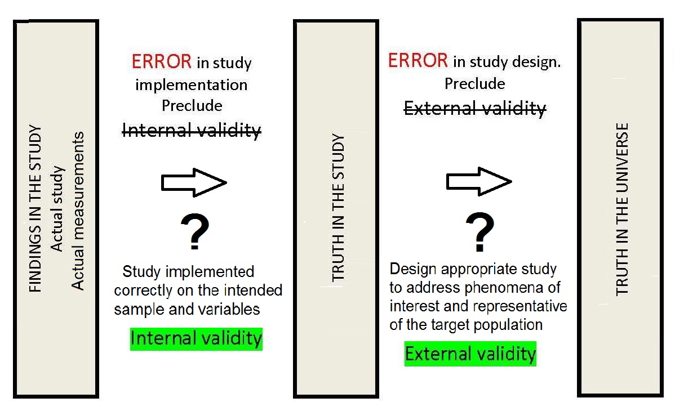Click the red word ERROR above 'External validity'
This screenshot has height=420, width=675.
[x=418, y=60]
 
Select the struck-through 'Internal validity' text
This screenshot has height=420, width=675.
[x=192, y=131]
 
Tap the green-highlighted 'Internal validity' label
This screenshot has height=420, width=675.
[x=196, y=338]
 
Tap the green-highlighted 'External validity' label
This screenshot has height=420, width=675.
[x=470, y=354]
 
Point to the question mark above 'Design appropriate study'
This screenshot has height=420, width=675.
[x=479, y=233]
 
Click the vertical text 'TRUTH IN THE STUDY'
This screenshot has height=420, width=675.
[x=337, y=208]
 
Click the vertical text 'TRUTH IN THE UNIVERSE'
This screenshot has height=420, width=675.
[x=621, y=209]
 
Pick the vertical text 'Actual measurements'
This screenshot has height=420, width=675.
[x=78, y=211]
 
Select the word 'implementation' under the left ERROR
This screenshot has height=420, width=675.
[x=191, y=84]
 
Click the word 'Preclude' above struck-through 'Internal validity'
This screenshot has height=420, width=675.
[x=192, y=106]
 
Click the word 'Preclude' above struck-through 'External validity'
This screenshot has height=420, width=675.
[x=474, y=83]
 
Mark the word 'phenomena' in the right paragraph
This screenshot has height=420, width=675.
[x=505, y=288]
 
